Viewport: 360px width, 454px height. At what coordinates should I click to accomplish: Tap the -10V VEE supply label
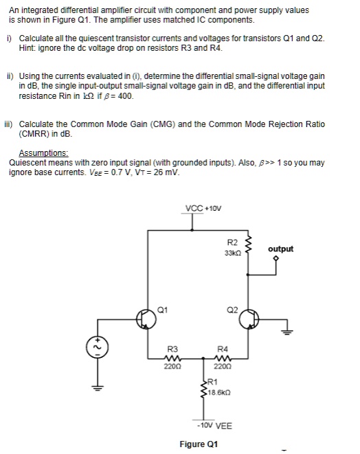coord(213,425)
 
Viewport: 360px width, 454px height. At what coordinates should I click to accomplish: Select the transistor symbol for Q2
coord(252,319)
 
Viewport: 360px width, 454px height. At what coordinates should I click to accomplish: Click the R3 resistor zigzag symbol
coord(172,357)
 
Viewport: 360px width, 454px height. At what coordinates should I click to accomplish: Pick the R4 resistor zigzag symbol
coord(222,357)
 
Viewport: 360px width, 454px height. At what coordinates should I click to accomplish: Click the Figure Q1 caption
coord(199,444)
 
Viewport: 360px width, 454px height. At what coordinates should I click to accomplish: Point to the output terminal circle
coord(275,258)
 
